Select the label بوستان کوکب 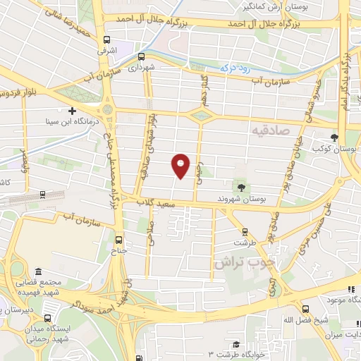coord(337,150)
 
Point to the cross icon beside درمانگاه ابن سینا coord(72,111)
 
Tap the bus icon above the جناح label coord(118,238)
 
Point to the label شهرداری coord(141,68)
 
